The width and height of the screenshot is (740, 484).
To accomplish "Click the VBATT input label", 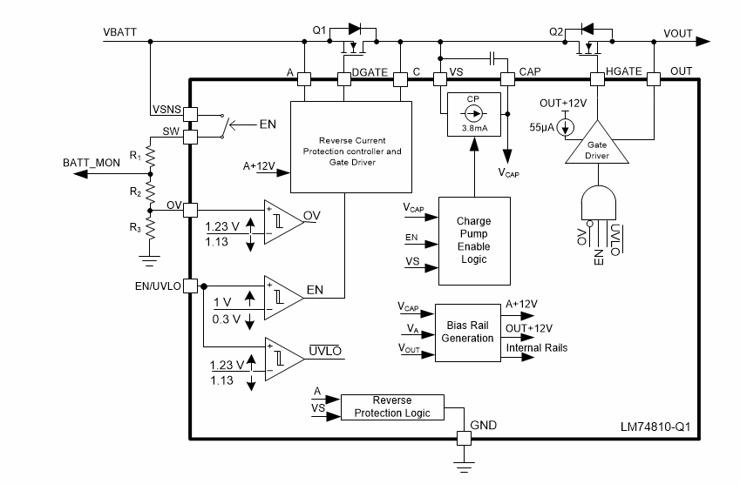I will (x=119, y=33).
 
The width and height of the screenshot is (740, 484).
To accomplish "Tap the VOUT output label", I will (x=677, y=33).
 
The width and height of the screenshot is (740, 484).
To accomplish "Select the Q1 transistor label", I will (x=319, y=30).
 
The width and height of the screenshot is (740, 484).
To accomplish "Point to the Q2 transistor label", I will (x=556, y=30).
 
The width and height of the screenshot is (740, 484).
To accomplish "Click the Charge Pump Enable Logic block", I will (x=473, y=240).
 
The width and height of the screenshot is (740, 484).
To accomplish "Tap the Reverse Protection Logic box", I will (x=391, y=407).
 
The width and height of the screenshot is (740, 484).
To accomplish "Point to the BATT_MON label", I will (x=91, y=163).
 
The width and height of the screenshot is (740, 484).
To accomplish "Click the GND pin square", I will (x=463, y=439).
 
